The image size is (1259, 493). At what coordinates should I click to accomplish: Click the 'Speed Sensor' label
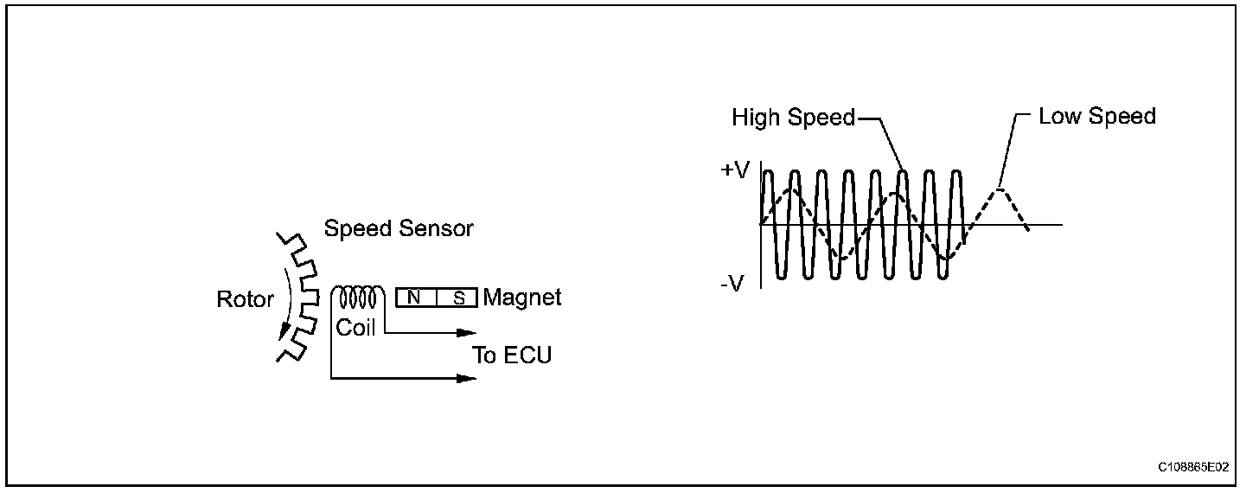[399, 228]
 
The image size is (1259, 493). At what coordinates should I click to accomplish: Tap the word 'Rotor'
[245, 300]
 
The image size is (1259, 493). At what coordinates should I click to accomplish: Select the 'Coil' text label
[355, 329]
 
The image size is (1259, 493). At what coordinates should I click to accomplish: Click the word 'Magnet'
[522, 298]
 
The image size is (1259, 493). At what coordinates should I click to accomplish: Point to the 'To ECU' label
[512, 355]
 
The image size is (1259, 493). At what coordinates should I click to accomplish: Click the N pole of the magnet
[416, 298]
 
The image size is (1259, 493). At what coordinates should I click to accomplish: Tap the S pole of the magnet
[457, 298]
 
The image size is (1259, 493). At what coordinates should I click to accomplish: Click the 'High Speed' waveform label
[793, 118]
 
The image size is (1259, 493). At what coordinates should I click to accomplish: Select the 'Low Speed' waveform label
[1097, 116]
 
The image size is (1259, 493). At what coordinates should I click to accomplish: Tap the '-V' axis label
[732, 283]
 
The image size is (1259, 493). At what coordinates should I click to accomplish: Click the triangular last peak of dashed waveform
[1000, 190]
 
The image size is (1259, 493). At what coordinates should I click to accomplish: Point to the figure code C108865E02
[1193, 467]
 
